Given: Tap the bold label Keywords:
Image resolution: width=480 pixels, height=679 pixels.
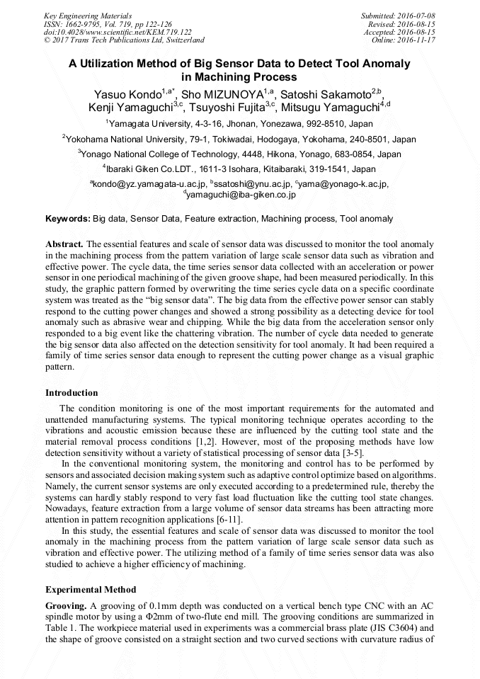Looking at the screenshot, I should pos(68,219).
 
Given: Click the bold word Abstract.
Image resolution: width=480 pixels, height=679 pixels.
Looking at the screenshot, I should pos(64,244).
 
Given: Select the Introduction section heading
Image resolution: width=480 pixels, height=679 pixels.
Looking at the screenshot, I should pos(72,392).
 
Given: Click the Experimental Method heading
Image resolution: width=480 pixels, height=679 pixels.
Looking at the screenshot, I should pos(91,589).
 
